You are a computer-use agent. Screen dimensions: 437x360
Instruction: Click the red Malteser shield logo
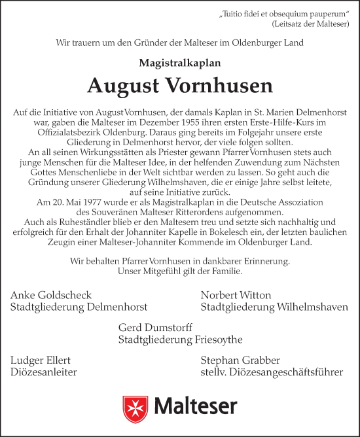tap(135, 406)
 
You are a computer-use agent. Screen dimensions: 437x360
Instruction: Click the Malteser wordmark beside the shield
tap(194, 406)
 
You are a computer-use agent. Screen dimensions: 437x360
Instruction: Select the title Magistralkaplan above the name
tap(179, 63)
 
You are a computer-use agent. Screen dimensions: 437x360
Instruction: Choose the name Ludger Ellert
tap(41, 360)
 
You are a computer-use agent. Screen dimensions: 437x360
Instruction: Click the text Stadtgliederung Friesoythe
tap(181, 340)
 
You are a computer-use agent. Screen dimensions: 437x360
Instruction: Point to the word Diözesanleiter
tap(44, 373)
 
